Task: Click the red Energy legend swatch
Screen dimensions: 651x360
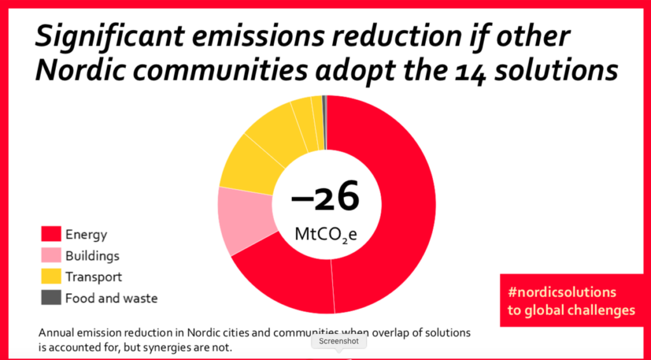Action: click(x=51, y=234)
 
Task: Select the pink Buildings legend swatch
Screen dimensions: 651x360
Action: click(x=51, y=255)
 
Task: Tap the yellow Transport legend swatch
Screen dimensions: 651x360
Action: click(x=51, y=276)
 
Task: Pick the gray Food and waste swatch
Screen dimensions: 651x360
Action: click(x=51, y=297)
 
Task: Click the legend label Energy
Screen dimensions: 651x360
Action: click(x=86, y=235)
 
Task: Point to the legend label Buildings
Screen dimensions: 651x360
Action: click(x=93, y=256)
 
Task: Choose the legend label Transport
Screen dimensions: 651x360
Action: click(x=94, y=277)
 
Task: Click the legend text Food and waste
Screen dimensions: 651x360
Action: click(x=112, y=298)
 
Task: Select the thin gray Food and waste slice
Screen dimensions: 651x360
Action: click(x=325, y=122)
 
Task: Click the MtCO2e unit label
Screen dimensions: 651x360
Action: click(x=326, y=234)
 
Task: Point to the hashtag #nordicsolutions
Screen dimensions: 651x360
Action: click(x=562, y=292)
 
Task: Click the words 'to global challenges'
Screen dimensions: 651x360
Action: click(x=572, y=310)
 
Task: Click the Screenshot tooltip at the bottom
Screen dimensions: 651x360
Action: click(x=339, y=342)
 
